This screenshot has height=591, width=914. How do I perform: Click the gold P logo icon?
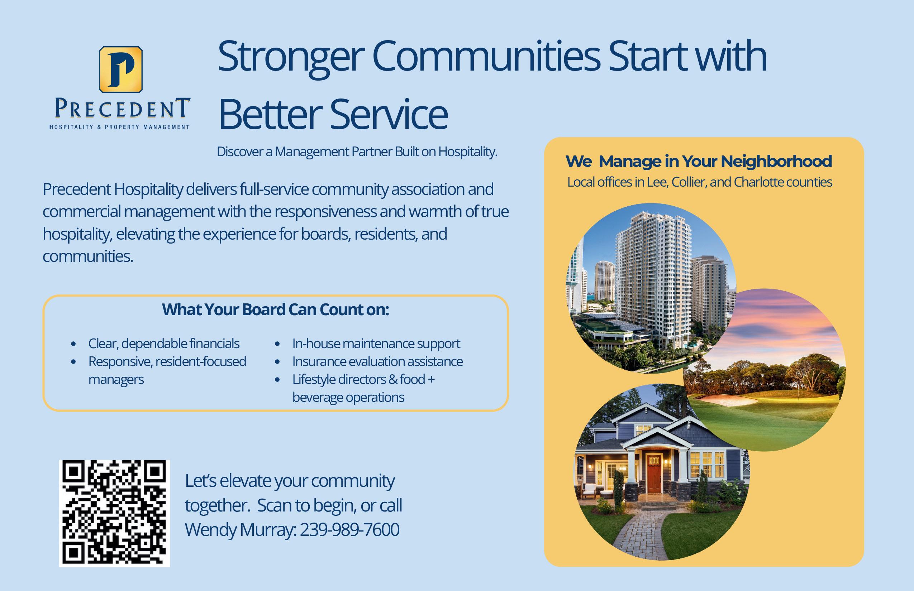[120, 69]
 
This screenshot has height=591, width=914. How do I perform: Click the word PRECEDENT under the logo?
[123, 108]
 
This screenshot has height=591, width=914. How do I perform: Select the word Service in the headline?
[389, 114]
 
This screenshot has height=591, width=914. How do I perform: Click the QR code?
[114, 514]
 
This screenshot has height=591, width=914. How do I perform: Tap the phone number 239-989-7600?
[349, 530]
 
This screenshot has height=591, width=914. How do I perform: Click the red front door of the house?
[654, 474]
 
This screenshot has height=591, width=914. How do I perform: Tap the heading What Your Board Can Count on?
[276, 310]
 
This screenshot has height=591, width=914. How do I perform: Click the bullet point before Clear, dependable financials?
[73, 344]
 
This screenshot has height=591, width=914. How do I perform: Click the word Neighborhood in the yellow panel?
[776, 162]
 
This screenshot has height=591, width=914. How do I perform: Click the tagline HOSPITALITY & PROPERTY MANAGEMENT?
[119, 127]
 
